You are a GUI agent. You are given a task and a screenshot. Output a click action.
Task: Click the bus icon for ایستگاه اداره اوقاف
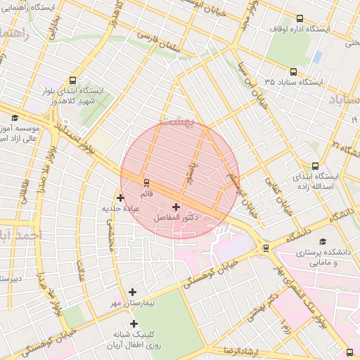click(x=300, y=19)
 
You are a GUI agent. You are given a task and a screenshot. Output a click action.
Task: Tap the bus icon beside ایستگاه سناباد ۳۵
click(x=293, y=72)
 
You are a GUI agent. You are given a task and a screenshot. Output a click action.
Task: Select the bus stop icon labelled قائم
click(x=146, y=182)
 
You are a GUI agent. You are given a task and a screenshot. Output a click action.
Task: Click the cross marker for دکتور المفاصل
click(x=175, y=207)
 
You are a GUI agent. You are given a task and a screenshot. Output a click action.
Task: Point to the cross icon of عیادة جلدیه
click(x=120, y=198)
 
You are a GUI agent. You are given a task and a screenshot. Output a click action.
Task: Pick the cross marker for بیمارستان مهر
click(x=133, y=292)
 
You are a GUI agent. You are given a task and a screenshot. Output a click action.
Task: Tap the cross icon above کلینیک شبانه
click(x=133, y=323)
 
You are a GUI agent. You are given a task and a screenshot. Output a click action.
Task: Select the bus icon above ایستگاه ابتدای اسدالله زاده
click(x=314, y=166)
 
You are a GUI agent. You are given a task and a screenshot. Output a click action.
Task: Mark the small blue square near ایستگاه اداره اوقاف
click(x=318, y=56)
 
